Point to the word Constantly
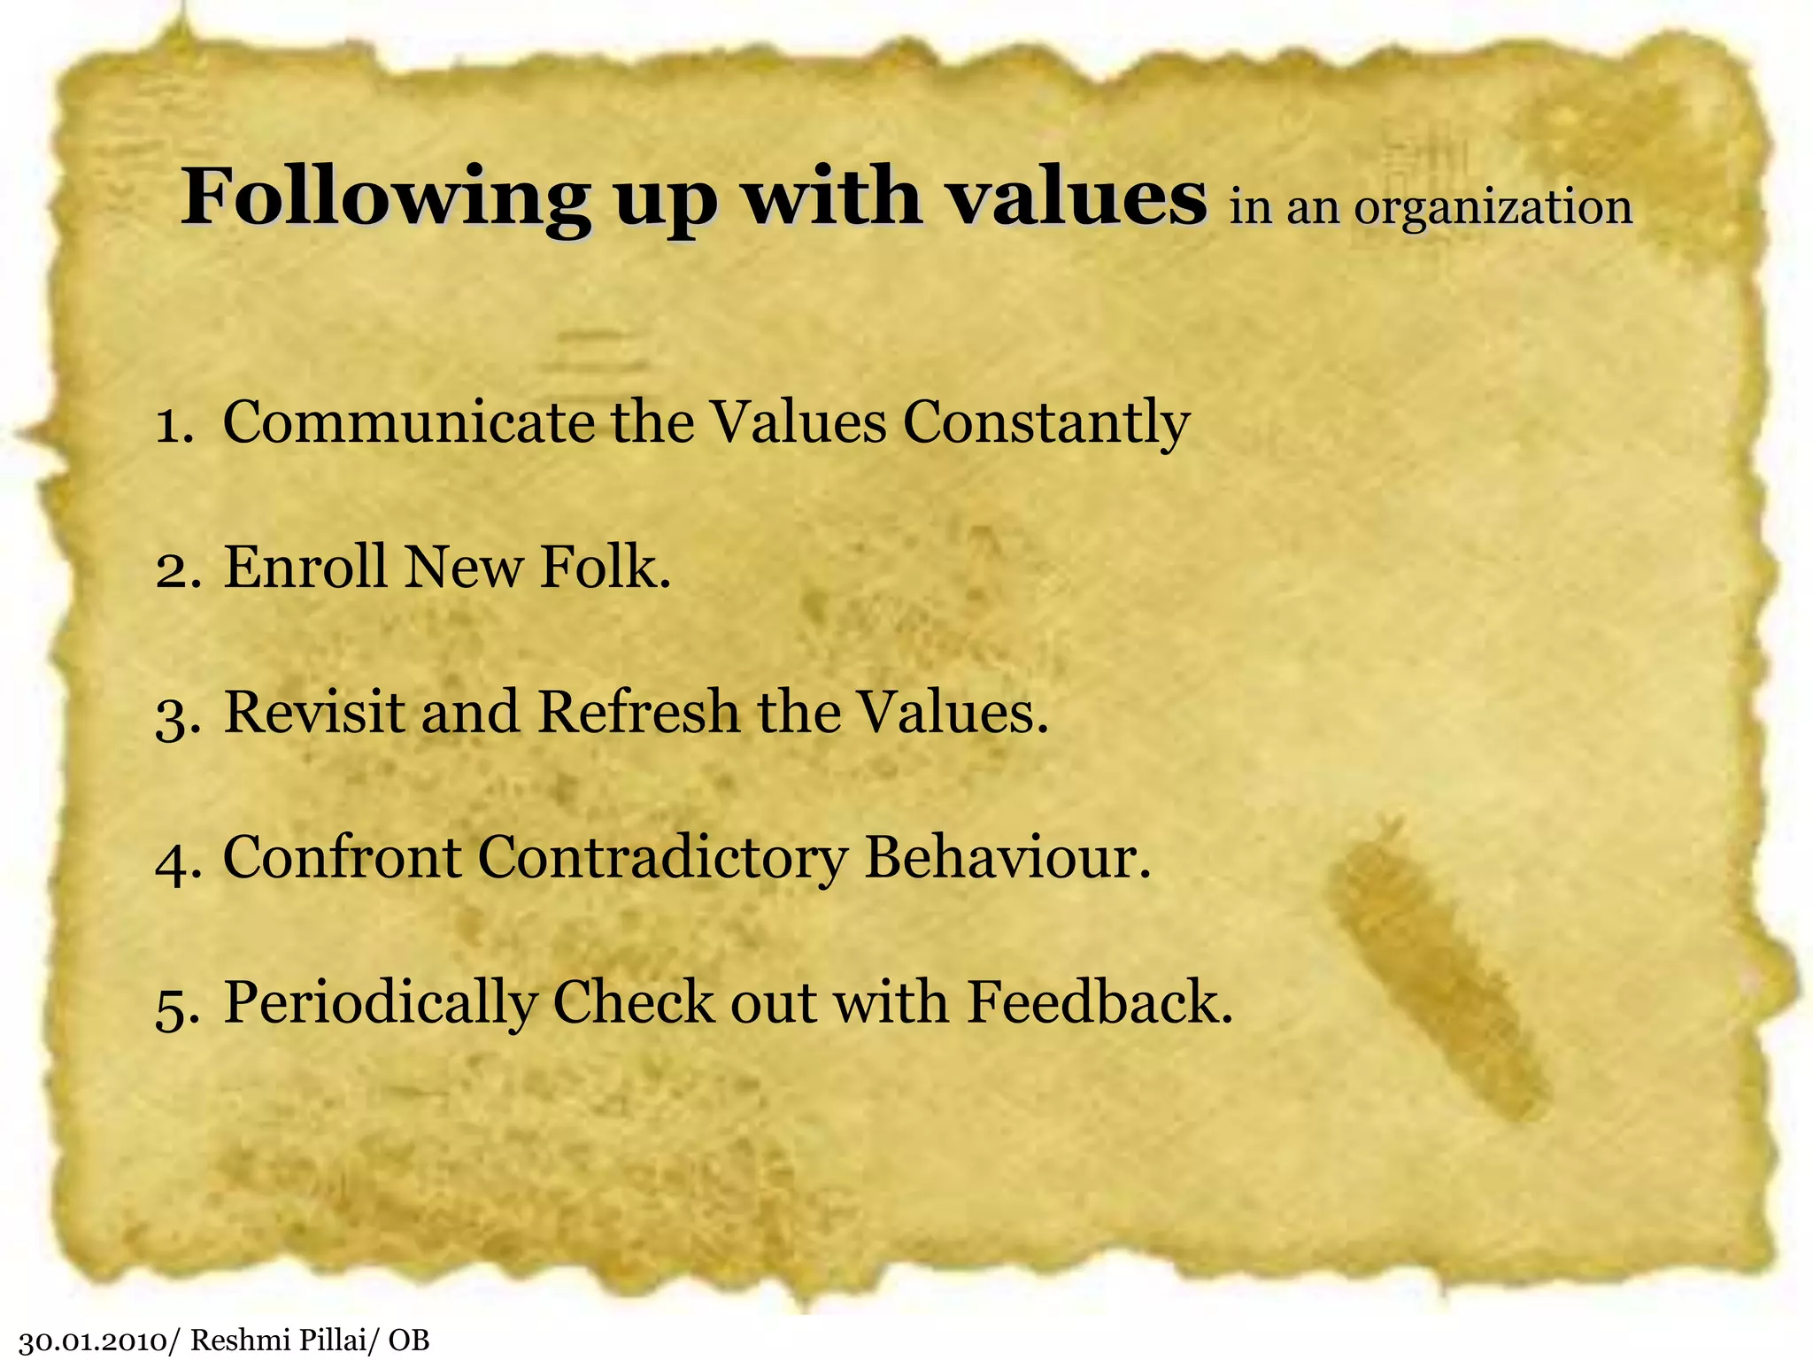(x=1046, y=423)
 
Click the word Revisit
(x=314, y=712)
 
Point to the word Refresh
(x=638, y=712)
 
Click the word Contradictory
(x=662, y=859)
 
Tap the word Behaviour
(x=1007, y=857)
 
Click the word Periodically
(x=380, y=1004)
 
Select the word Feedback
(x=1099, y=1002)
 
